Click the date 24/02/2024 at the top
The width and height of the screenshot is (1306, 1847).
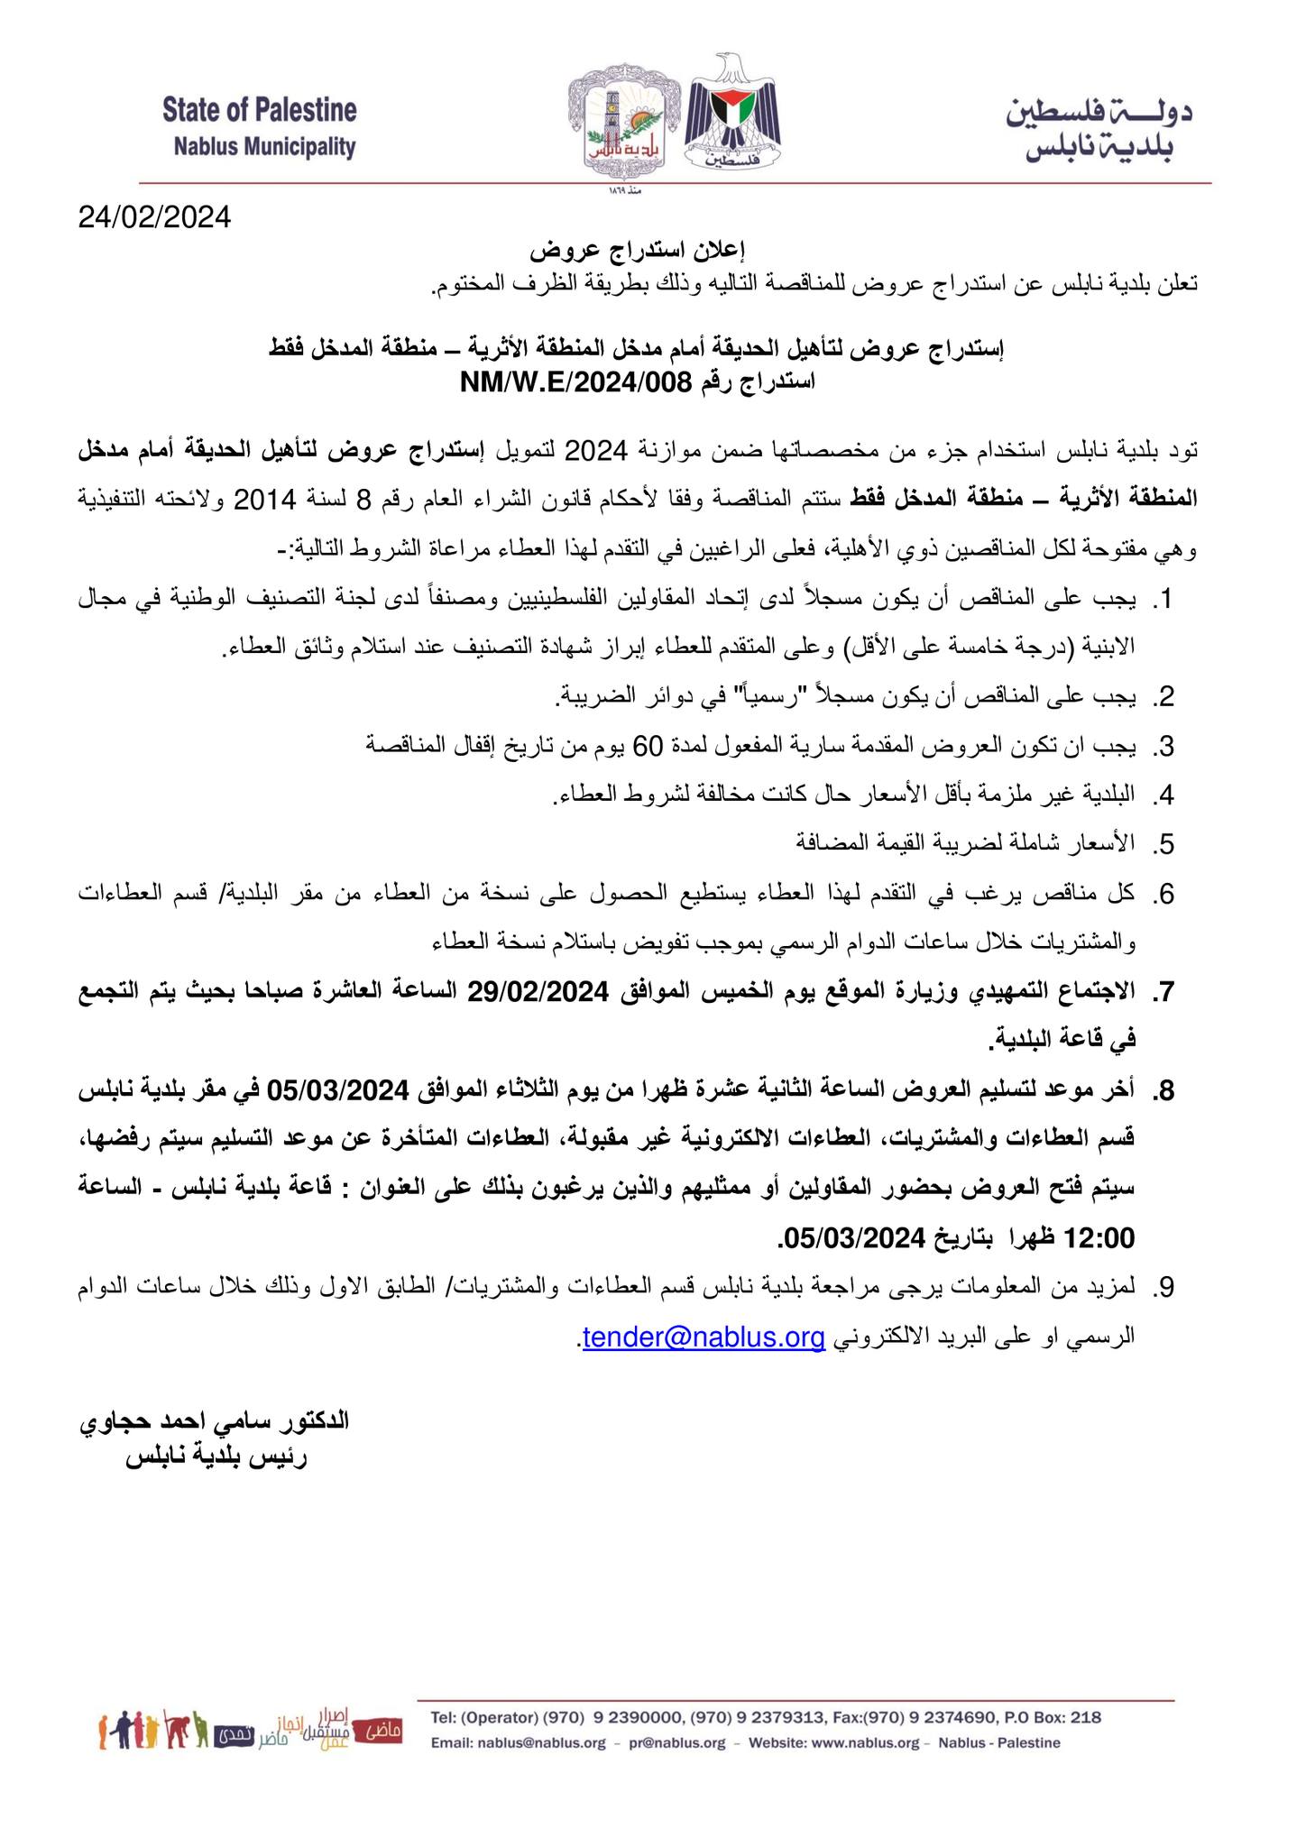point(154,217)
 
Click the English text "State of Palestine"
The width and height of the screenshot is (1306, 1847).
point(260,111)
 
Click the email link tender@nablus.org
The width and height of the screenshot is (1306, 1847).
point(704,1337)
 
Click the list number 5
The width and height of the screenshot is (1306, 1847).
point(1164,845)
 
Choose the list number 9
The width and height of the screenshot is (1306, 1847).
point(1164,1288)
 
